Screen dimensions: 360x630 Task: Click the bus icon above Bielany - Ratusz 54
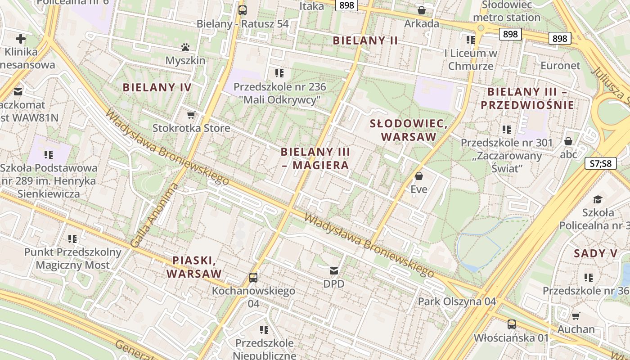[x=243, y=10]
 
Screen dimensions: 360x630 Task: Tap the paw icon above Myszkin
[x=185, y=47]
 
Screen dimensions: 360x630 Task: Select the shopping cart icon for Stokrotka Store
[x=191, y=115]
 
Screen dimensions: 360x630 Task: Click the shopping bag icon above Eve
[x=418, y=175]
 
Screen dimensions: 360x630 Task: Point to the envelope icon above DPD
[x=334, y=270]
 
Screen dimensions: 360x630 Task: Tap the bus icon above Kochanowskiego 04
[x=253, y=277]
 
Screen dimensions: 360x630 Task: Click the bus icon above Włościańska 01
[x=511, y=324]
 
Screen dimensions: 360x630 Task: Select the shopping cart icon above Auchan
[x=576, y=316]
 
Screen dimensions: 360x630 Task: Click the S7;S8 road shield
[x=600, y=163]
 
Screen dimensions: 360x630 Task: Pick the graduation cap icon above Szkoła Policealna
[x=598, y=199]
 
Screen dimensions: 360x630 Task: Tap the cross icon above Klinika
[x=21, y=39]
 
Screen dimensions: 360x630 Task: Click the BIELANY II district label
[x=365, y=40]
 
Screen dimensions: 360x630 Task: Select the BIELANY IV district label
[x=157, y=87]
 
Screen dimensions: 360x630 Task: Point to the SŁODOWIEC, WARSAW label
[x=409, y=130]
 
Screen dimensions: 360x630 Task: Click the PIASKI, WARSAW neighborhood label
[x=194, y=267]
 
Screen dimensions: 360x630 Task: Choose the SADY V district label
[x=596, y=253]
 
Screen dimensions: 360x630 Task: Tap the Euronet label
[x=560, y=66]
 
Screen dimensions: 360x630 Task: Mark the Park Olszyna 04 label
[x=457, y=301]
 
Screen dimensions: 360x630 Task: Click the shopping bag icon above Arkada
[x=422, y=10]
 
